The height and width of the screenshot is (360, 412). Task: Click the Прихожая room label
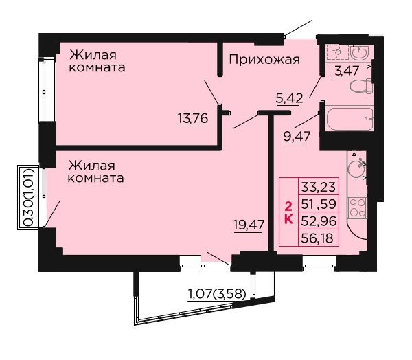tap(264, 60)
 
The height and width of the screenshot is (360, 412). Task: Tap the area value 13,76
tap(193, 118)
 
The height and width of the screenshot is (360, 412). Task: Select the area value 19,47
tap(249, 225)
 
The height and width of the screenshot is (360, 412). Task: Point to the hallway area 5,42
tap(289, 98)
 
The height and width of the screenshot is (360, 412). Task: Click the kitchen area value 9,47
tap(297, 136)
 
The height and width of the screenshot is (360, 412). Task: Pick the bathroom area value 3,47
tap(346, 71)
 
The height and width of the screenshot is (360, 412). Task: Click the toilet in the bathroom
tap(362, 86)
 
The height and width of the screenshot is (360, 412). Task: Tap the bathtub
tap(349, 118)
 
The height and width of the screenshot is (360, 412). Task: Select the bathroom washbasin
tap(360, 52)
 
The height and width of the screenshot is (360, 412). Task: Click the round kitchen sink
tap(356, 168)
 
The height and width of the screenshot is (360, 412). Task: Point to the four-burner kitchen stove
tap(357, 208)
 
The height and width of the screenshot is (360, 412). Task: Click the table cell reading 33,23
tap(319, 187)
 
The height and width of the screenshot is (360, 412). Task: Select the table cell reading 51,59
tap(319, 204)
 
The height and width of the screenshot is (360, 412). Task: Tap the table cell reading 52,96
tap(319, 221)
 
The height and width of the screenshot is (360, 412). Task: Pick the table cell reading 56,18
tap(319, 238)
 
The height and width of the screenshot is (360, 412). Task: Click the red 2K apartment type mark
tap(288, 212)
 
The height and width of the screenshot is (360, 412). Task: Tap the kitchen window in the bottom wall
tap(319, 264)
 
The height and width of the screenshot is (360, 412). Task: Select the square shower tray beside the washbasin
tap(337, 52)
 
